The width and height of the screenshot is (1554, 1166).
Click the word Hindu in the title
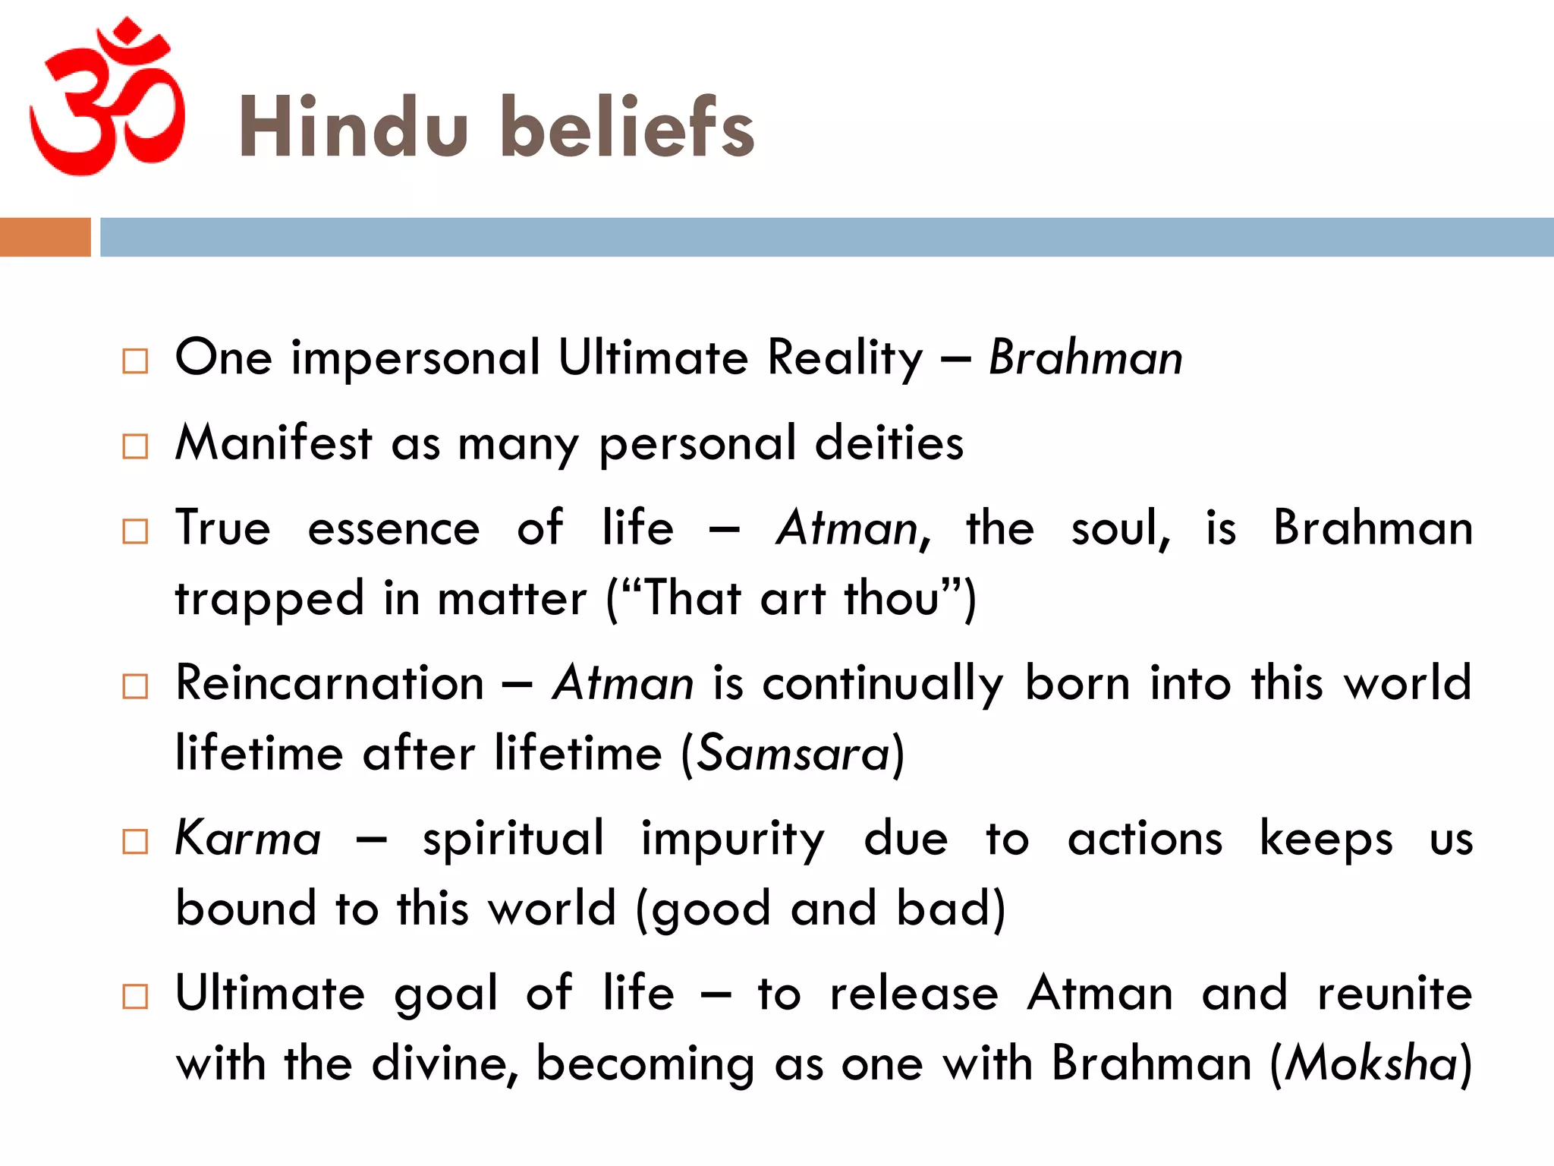click(353, 128)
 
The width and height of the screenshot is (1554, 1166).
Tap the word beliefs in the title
click(628, 128)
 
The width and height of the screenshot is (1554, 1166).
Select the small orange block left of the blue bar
click(45, 237)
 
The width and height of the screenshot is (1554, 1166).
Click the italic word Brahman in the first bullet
click(1086, 358)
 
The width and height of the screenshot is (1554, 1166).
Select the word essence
click(394, 528)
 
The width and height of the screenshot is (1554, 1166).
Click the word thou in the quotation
click(892, 598)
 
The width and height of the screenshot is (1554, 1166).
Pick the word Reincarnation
click(329, 683)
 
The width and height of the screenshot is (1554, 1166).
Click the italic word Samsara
click(793, 754)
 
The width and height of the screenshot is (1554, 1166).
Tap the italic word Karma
click(248, 839)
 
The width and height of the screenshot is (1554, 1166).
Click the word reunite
click(1395, 994)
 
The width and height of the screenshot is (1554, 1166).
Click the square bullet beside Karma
click(135, 842)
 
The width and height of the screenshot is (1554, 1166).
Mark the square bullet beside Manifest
click(135, 446)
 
